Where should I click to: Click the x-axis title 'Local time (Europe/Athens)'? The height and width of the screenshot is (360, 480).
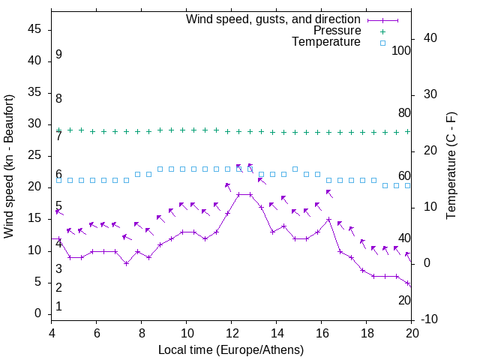[231, 350]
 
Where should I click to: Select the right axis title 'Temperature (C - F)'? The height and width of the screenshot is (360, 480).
[451, 166]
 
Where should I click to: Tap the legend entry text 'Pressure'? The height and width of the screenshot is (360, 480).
[337, 31]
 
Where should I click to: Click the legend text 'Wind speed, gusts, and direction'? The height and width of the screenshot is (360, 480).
[273, 19]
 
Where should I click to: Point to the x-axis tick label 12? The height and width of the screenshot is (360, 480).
[232, 333]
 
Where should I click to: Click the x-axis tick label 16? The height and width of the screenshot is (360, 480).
[322, 333]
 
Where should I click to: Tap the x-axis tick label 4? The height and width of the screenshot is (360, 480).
[52, 333]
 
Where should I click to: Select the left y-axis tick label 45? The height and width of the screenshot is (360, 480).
[34, 30]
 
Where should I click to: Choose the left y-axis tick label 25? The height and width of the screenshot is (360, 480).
[34, 156]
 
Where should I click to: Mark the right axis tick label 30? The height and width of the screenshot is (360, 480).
[425, 94]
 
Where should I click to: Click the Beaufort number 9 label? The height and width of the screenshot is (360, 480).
[58, 55]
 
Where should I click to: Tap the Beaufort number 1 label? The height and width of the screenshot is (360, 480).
[58, 307]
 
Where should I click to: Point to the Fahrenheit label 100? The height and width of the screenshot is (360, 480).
[401, 50]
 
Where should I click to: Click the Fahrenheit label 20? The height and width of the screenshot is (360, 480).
[404, 300]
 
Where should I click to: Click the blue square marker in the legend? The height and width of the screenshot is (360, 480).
[382, 43]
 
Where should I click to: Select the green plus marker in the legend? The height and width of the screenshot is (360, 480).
[382, 31]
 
